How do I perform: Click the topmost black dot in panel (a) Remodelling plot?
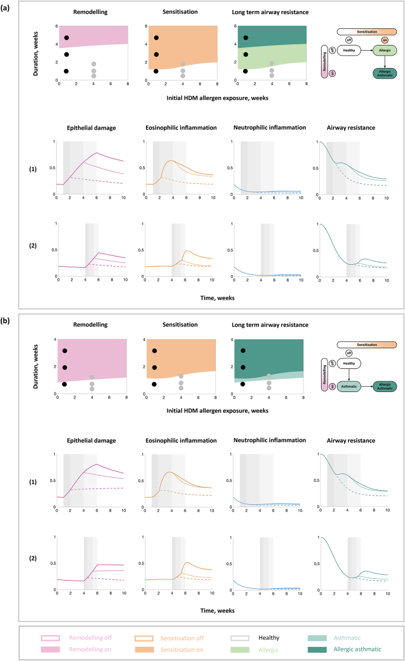coord(67,38)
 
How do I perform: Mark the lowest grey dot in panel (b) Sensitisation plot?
coord(182,388)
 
